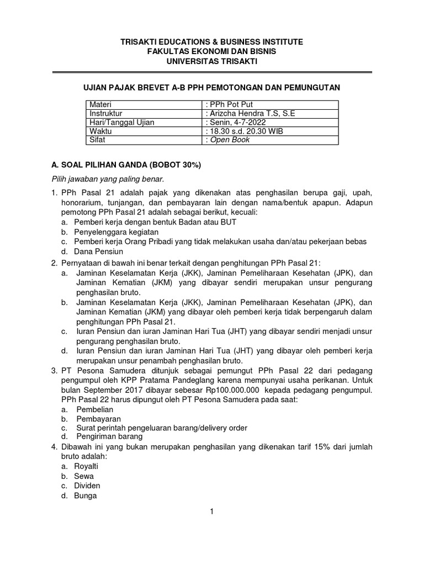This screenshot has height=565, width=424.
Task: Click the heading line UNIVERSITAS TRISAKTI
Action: point(211,61)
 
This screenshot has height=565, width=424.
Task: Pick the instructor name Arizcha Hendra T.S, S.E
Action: point(250,113)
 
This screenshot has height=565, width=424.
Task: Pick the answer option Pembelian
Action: point(94,410)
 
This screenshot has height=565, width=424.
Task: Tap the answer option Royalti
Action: point(87,466)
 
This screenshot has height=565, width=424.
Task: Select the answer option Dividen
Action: point(87,486)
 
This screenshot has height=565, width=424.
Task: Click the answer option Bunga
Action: point(86,495)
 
